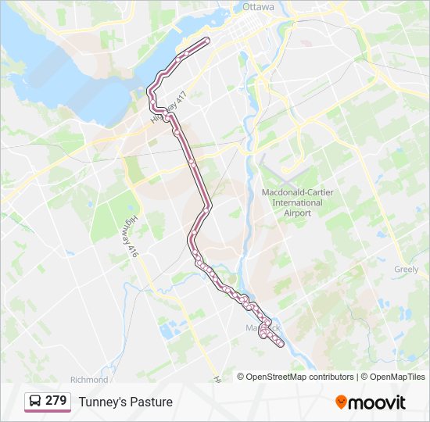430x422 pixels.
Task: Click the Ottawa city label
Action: point(258,6)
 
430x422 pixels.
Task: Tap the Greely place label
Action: point(407,269)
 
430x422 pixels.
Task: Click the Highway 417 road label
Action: point(171,109)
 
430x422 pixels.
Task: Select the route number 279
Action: point(56,401)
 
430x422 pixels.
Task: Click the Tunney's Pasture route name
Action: point(125,402)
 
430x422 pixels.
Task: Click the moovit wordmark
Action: point(377,402)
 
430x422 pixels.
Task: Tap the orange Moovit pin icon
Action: point(341,402)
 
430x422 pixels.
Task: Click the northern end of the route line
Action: point(207,39)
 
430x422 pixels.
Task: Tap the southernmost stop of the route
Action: point(279,344)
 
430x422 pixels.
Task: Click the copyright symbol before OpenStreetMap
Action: point(242,377)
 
